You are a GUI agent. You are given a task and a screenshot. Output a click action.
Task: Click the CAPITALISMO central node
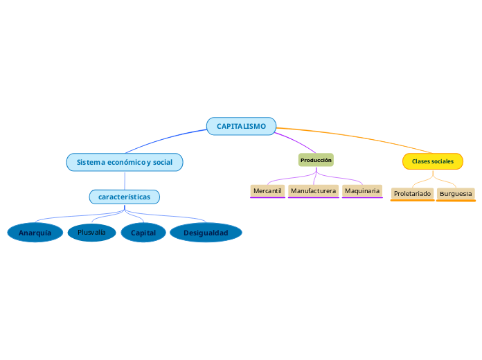coord(241,126)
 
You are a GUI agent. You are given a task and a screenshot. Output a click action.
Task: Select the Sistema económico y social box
coord(125,162)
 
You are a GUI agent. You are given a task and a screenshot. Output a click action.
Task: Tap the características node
coord(125,197)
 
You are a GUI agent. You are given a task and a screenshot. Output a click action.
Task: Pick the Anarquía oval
coord(35,233)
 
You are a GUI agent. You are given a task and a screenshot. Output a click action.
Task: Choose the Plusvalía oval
coord(91,232)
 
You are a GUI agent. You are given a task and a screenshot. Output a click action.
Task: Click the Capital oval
coord(143,233)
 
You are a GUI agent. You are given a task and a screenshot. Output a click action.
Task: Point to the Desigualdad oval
coord(206,233)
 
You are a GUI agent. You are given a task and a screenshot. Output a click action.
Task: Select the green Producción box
coord(316,160)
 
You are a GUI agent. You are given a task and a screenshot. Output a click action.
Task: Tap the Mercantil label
coord(267,190)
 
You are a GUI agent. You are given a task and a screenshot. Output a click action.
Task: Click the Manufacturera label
coord(313,190)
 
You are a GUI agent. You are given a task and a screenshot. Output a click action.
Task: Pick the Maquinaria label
coord(362,190)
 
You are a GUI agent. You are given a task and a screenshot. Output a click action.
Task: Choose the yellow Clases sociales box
coord(433,161)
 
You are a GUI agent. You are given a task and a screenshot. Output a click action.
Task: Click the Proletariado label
coord(412,193)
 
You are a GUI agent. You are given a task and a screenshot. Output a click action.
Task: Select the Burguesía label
coord(456,193)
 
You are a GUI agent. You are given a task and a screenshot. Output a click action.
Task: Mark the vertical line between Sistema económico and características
coord(125,180)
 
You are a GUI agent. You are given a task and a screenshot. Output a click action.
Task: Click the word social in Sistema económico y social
coord(163,162)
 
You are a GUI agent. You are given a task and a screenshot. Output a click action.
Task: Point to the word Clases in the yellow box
coord(421,161)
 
